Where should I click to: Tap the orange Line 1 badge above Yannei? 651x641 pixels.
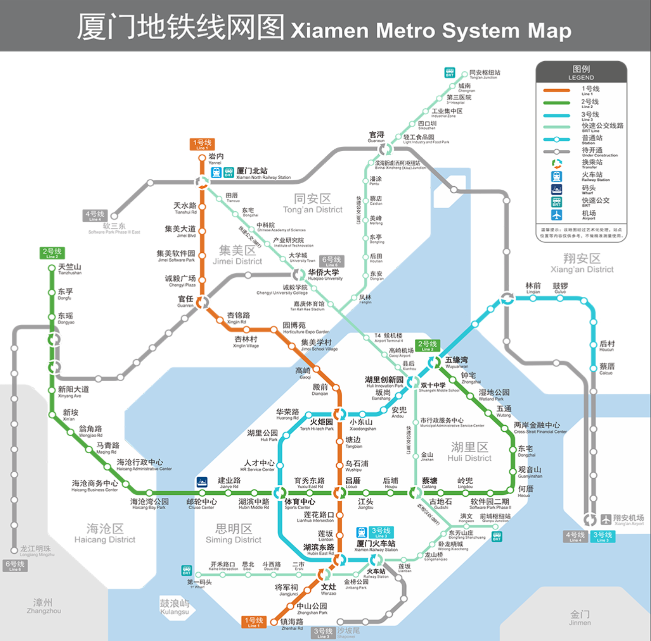click(202, 144)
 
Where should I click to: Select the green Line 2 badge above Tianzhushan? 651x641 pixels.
click(52, 253)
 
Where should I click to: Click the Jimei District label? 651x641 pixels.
click(237, 255)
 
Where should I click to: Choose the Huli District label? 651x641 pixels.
click(469, 452)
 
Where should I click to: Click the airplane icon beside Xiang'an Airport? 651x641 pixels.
click(606, 519)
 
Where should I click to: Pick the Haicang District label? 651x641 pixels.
click(105, 533)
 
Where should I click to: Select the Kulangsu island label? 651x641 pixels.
click(175, 606)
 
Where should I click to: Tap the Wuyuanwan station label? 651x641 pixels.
click(456, 362)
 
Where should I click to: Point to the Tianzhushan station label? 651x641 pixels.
click(70, 269)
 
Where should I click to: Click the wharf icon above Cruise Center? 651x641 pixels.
click(202, 482)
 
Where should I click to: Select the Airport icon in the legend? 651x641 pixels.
click(556, 215)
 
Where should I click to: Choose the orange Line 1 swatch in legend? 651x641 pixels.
click(556, 91)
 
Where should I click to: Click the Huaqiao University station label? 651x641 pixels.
click(324, 274)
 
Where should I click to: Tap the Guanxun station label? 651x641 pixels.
click(376, 137)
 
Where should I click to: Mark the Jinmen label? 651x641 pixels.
click(579, 617)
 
